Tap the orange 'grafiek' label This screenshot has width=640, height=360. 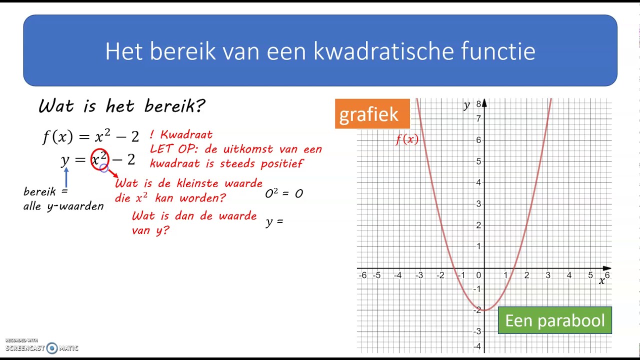click(369, 114)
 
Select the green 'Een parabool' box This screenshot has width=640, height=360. click(554, 320)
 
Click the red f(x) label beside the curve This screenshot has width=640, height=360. click(407, 139)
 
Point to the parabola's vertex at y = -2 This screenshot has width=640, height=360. click(484, 310)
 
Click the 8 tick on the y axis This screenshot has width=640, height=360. click(478, 104)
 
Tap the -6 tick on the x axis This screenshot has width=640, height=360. click(363, 275)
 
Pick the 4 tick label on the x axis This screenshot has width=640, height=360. click(569, 275)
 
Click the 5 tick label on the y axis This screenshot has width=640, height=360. click(478, 161)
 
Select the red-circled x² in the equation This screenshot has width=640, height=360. click(99, 159)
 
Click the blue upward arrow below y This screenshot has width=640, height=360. click(66, 177)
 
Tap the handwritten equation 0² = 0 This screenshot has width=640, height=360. click(284, 193)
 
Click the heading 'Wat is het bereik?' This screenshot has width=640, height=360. click(121, 106)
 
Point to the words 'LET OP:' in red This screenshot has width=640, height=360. click(170, 149)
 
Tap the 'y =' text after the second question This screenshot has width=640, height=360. click(274, 221)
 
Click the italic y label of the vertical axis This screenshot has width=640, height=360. click(466, 105)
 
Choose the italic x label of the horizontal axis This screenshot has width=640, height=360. click(602, 281)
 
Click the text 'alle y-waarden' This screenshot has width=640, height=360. click(63, 206)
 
